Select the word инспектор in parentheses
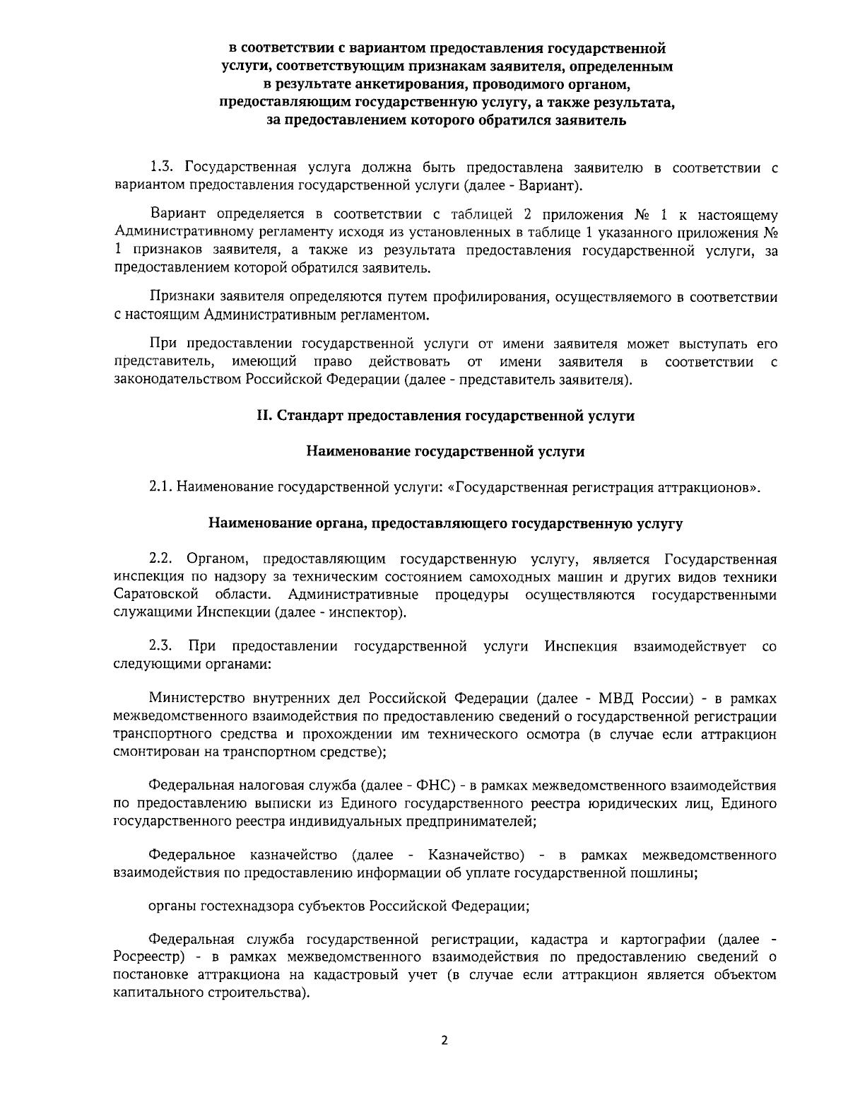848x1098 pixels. click(x=368, y=612)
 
